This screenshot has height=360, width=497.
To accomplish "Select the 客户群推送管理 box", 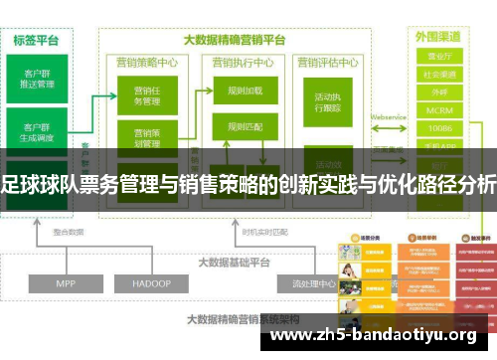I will (x=37, y=77).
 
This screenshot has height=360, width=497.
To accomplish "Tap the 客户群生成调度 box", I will (x=37, y=132).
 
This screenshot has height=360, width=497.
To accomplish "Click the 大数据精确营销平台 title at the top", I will (x=236, y=41).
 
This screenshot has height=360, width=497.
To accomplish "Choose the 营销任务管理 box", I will (x=145, y=97).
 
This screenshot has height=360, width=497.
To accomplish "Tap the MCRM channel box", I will (x=439, y=109).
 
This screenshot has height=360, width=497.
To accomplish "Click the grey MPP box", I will (x=66, y=256).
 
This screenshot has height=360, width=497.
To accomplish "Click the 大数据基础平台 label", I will (x=235, y=235).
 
